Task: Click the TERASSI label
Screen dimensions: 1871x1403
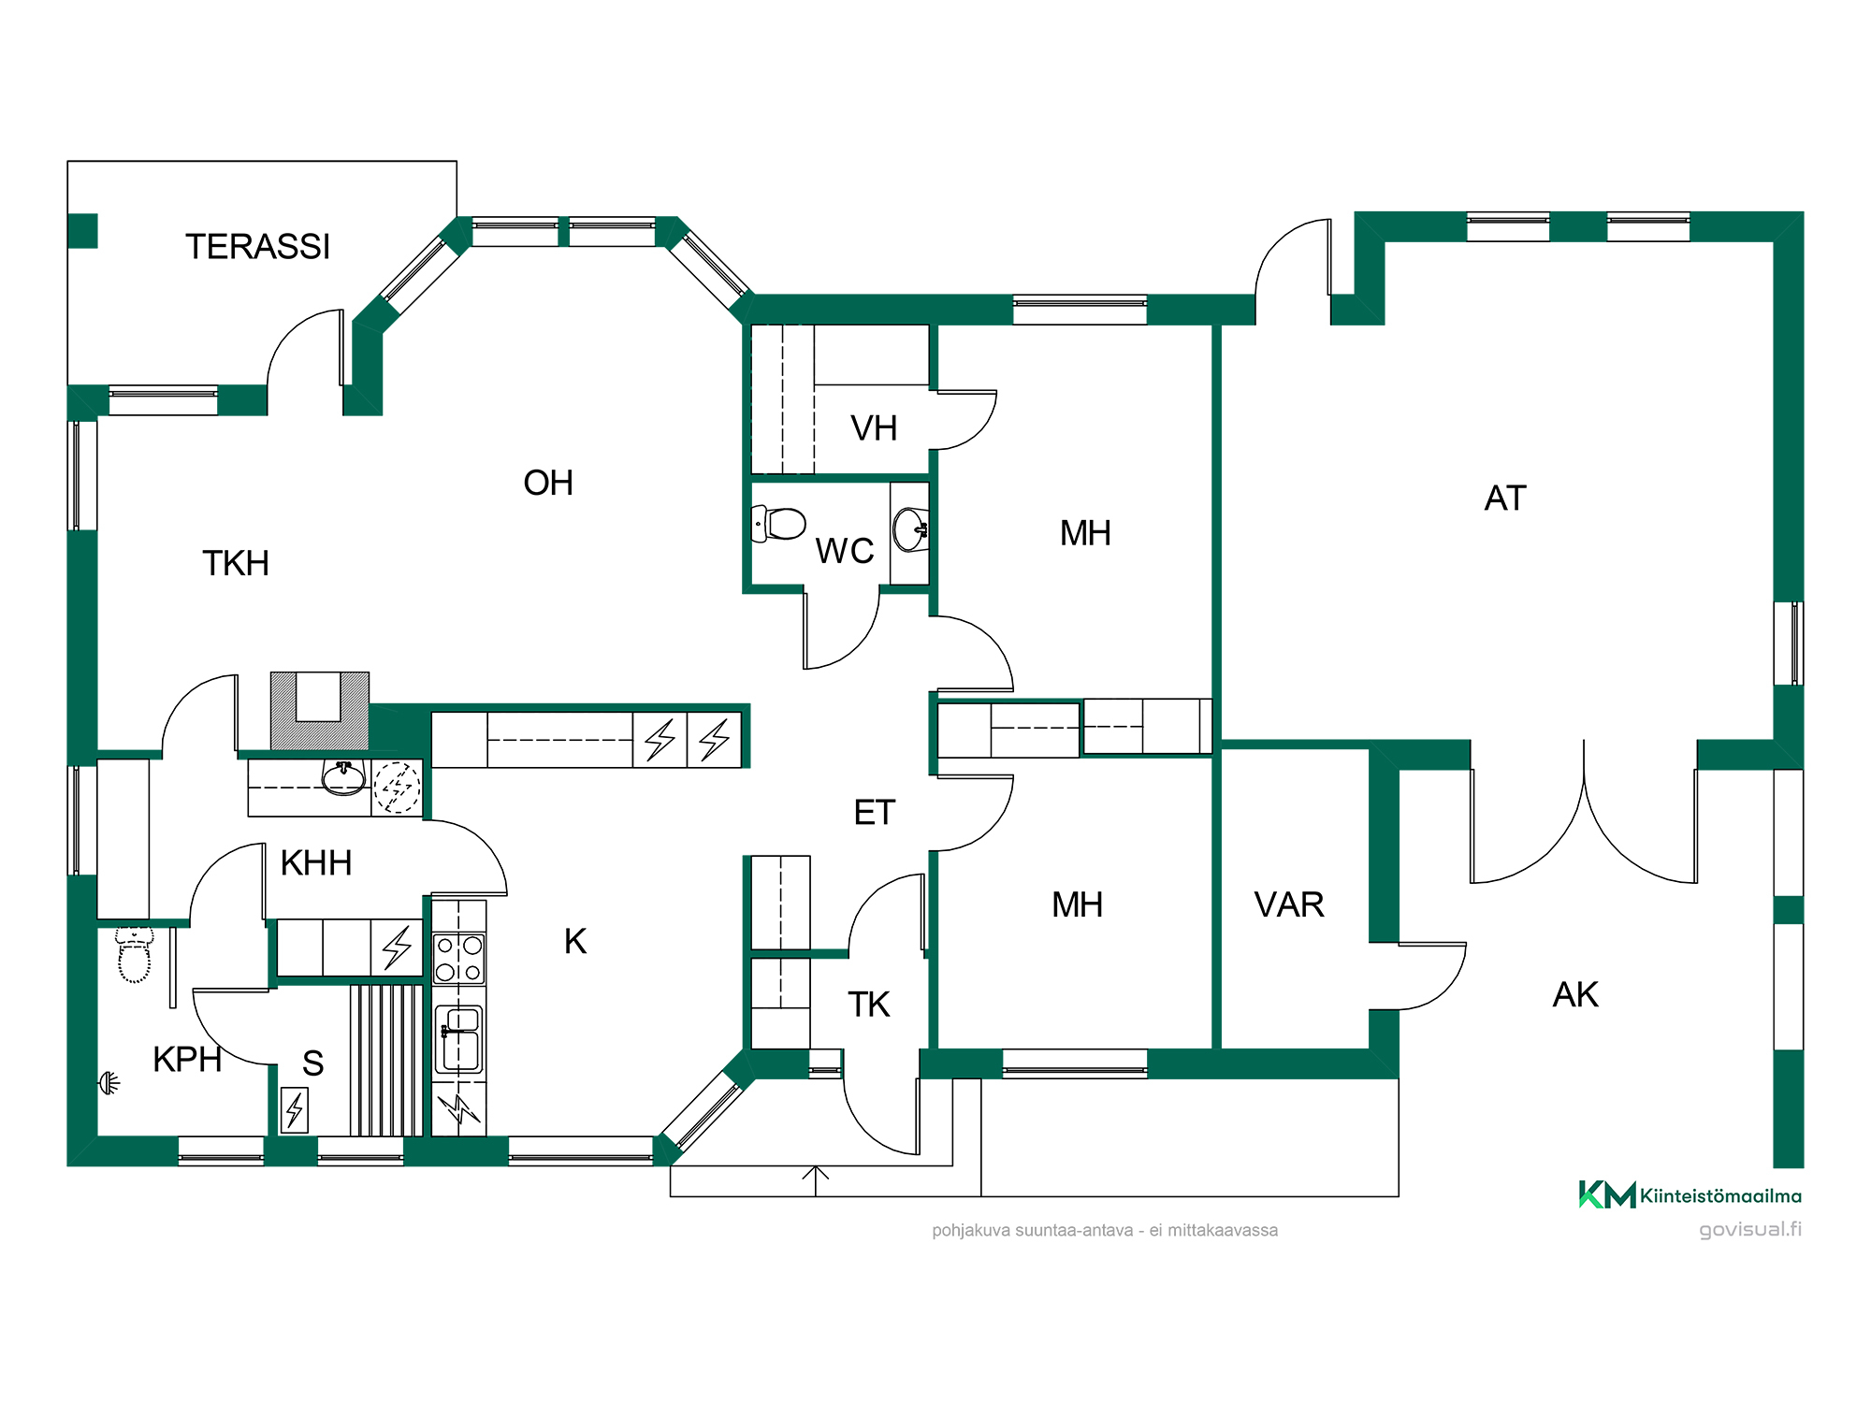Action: pyautogui.click(x=257, y=247)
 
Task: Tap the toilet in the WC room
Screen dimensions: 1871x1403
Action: pyautogui.click(x=778, y=525)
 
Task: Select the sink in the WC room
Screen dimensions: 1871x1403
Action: pyautogui.click(x=910, y=530)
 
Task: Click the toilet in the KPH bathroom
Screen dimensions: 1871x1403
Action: pyautogui.click(x=134, y=954)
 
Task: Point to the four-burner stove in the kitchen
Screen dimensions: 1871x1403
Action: pyautogui.click(x=459, y=958)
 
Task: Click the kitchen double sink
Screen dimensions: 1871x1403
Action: pyautogui.click(x=459, y=1039)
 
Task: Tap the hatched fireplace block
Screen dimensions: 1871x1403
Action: pyautogui.click(x=320, y=711)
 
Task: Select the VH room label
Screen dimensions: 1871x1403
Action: pyautogui.click(x=874, y=428)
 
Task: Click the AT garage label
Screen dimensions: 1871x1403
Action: pyautogui.click(x=1505, y=499)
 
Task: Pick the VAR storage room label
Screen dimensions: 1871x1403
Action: pyautogui.click(x=1289, y=904)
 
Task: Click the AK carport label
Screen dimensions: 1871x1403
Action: pyautogui.click(x=1575, y=994)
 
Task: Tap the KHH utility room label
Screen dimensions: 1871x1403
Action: pyautogui.click(x=316, y=862)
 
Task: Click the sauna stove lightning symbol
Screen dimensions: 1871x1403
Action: pyautogui.click(x=295, y=1110)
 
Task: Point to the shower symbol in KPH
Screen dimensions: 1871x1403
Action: pyautogui.click(x=109, y=1083)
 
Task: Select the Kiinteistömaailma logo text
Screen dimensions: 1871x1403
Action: pyautogui.click(x=1720, y=1195)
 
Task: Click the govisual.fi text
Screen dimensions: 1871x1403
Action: pyautogui.click(x=1750, y=1229)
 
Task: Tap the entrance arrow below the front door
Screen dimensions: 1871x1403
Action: pyautogui.click(x=816, y=1180)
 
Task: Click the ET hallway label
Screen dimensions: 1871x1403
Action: pyautogui.click(x=875, y=813)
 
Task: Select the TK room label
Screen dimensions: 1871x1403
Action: pyautogui.click(x=868, y=1005)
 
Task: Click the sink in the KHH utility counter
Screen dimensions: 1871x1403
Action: pyautogui.click(x=343, y=777)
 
